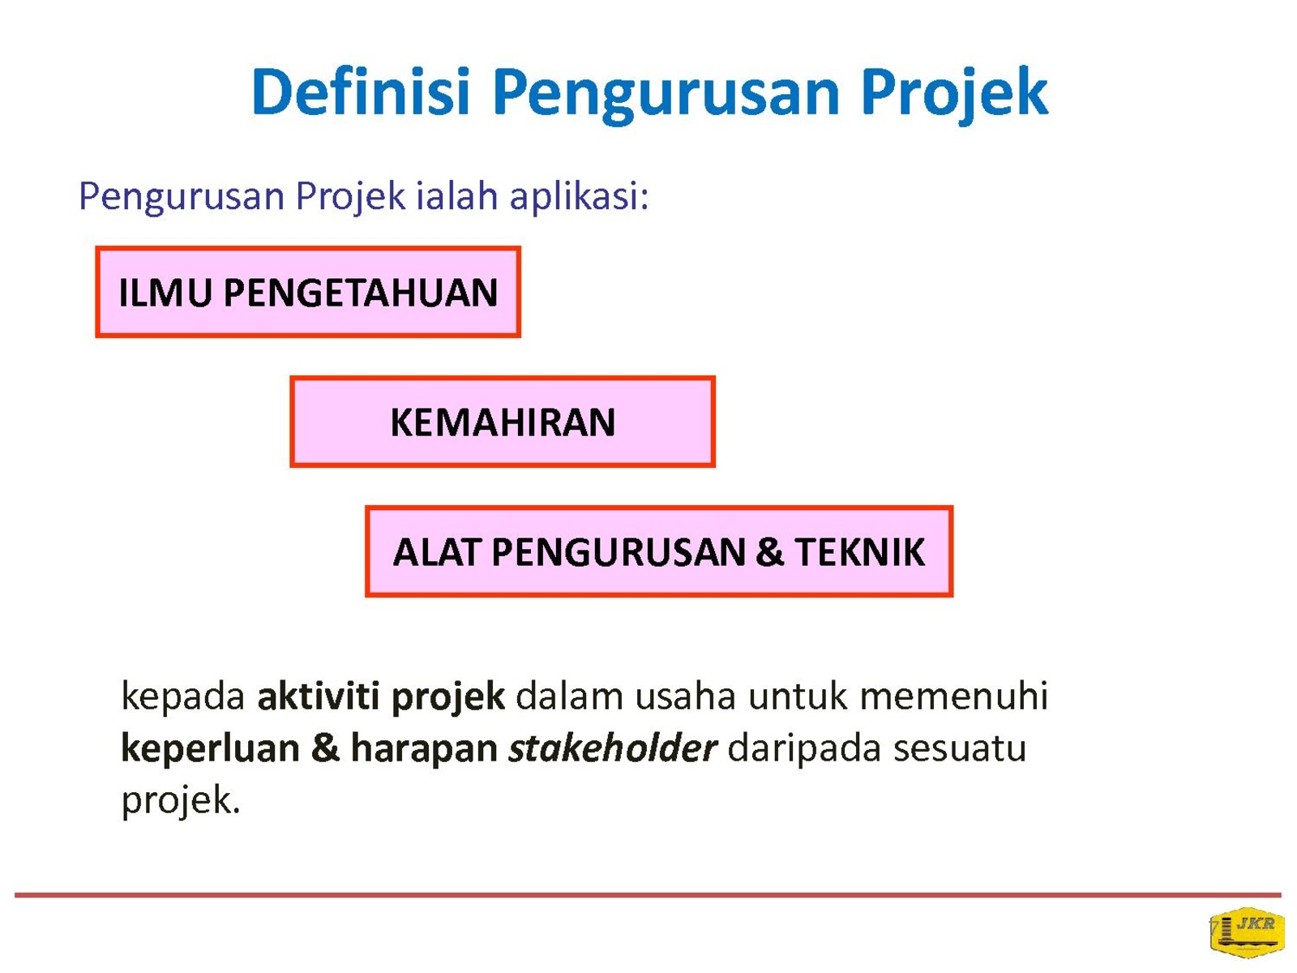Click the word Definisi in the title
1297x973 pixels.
361,92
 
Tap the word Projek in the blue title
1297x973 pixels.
952,96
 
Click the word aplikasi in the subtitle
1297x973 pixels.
579,197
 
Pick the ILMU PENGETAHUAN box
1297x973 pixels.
308,292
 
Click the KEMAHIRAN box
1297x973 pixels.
503,421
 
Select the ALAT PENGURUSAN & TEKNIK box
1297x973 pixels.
659,551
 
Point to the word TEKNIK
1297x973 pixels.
859,552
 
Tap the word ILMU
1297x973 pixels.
165,293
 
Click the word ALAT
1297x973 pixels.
436,552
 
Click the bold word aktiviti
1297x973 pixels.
318,696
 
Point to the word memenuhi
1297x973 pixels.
953,696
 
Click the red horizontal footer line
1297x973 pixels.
648,895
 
